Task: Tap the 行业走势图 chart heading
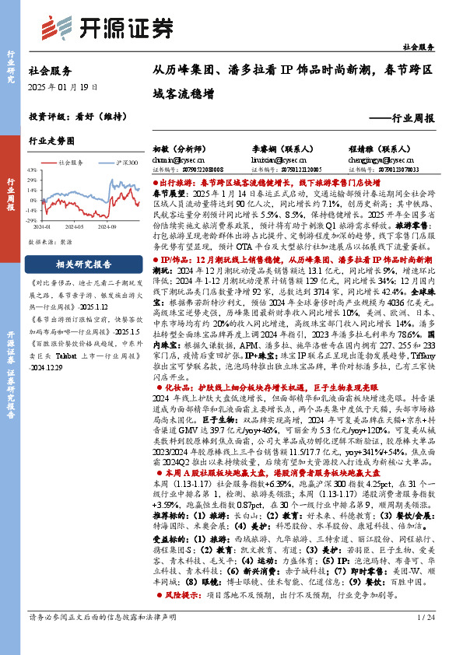(x=51, y=142)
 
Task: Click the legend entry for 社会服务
(x=71, y=163)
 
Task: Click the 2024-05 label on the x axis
(x=74, y=228)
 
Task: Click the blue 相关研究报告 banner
(x=82, y=264)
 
